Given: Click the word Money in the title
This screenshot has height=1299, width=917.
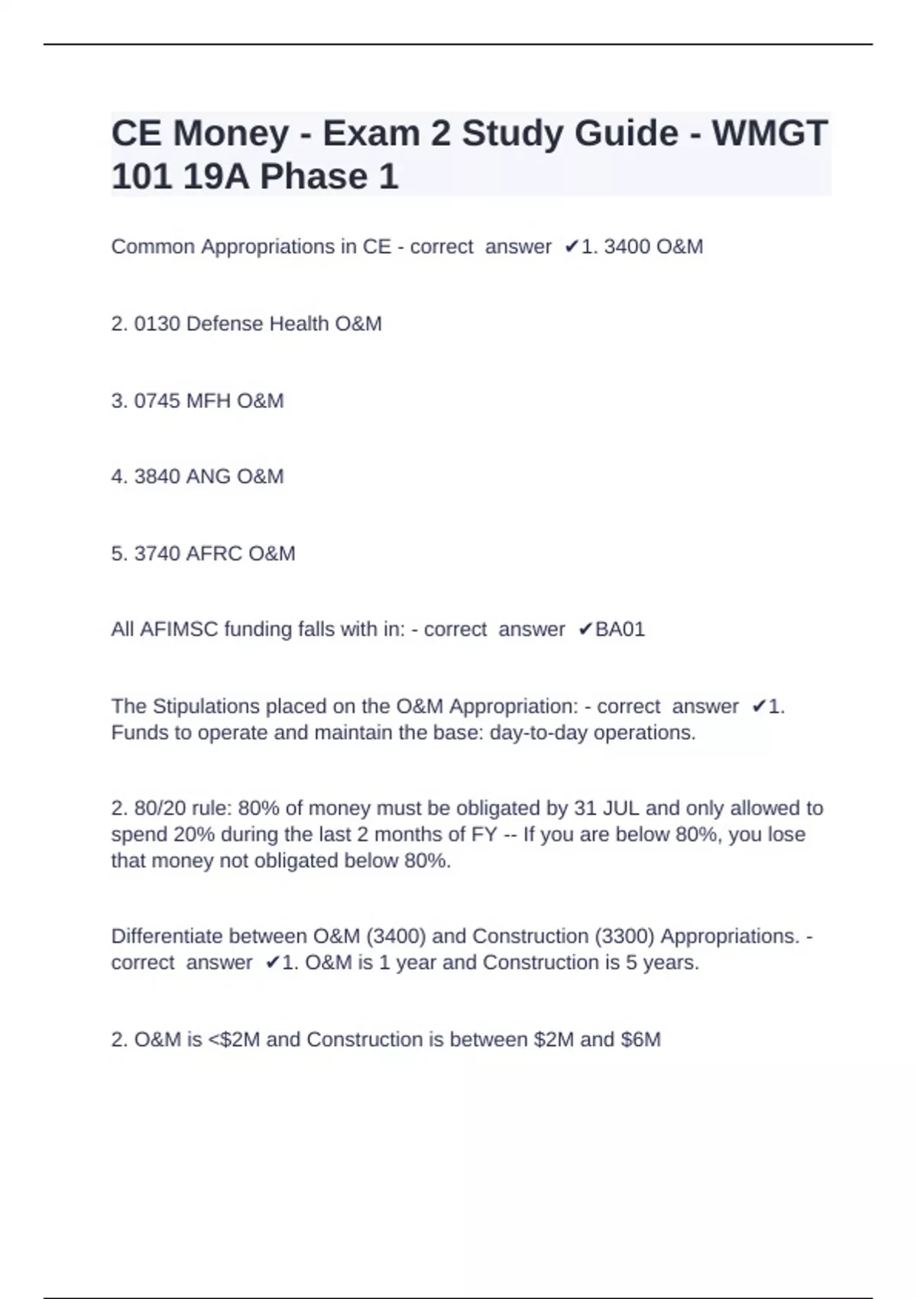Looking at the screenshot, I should (232, 134).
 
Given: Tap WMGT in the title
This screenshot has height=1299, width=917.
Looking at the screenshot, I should (770, 134).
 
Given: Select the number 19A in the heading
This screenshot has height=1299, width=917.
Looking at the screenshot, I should (216, 177).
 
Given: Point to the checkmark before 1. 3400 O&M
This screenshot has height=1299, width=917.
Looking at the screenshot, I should (571, 247).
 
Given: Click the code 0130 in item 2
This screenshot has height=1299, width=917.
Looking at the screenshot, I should (157, 324).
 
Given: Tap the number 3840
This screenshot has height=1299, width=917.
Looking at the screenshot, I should (157, 477).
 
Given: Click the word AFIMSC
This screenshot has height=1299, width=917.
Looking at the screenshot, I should (180, 630).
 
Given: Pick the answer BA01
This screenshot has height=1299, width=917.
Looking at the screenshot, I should (620, 630).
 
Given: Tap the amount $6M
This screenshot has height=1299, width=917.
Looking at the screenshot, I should (641, 1040).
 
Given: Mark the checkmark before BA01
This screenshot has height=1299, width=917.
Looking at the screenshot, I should (585, 630).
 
